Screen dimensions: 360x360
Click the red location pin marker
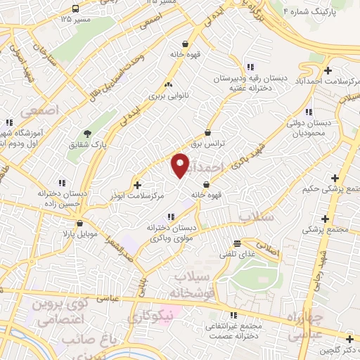[180, 165]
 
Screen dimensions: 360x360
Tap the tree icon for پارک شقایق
[87, 134]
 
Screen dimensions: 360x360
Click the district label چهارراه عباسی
[305, 325]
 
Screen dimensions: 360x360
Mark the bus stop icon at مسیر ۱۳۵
[75, 9]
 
